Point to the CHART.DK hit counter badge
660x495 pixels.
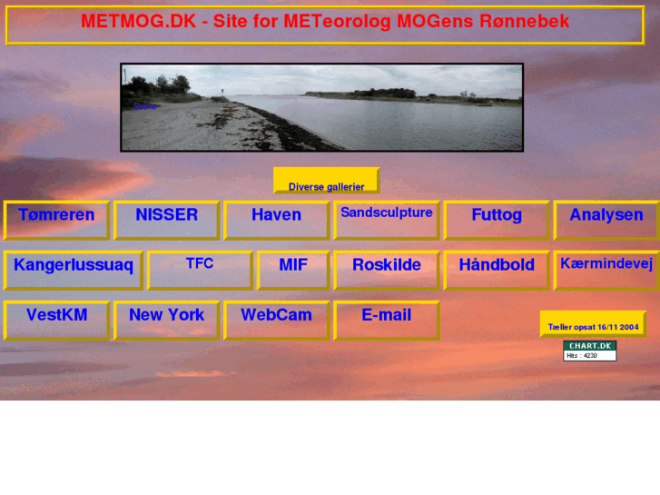coord(589,351)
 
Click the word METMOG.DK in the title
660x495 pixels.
coord(138,22)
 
